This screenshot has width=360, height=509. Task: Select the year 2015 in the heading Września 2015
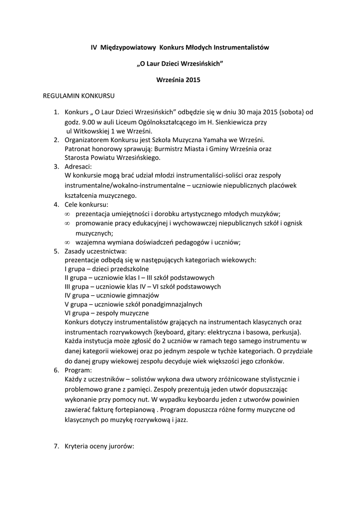click(191, 80)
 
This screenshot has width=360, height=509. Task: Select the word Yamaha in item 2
click(213, 140)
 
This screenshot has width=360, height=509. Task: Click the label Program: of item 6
click(79, 370)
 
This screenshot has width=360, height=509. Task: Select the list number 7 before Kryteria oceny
click(56, 446)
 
